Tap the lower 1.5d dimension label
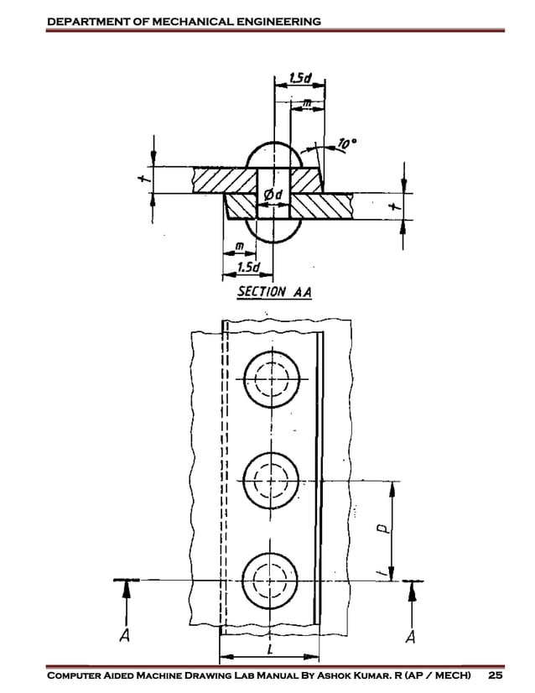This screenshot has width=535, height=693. coord(247,267)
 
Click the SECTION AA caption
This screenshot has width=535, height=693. coord(273,293)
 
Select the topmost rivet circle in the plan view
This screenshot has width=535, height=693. coord(271,379)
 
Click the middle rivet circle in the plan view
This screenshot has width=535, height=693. coord(271,481)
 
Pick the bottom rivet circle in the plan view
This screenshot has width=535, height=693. coord(271,579)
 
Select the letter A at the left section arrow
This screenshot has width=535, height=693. coord(124,636)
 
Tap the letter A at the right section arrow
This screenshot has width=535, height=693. coord(410,637)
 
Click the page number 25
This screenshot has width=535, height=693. coord(496,676)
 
